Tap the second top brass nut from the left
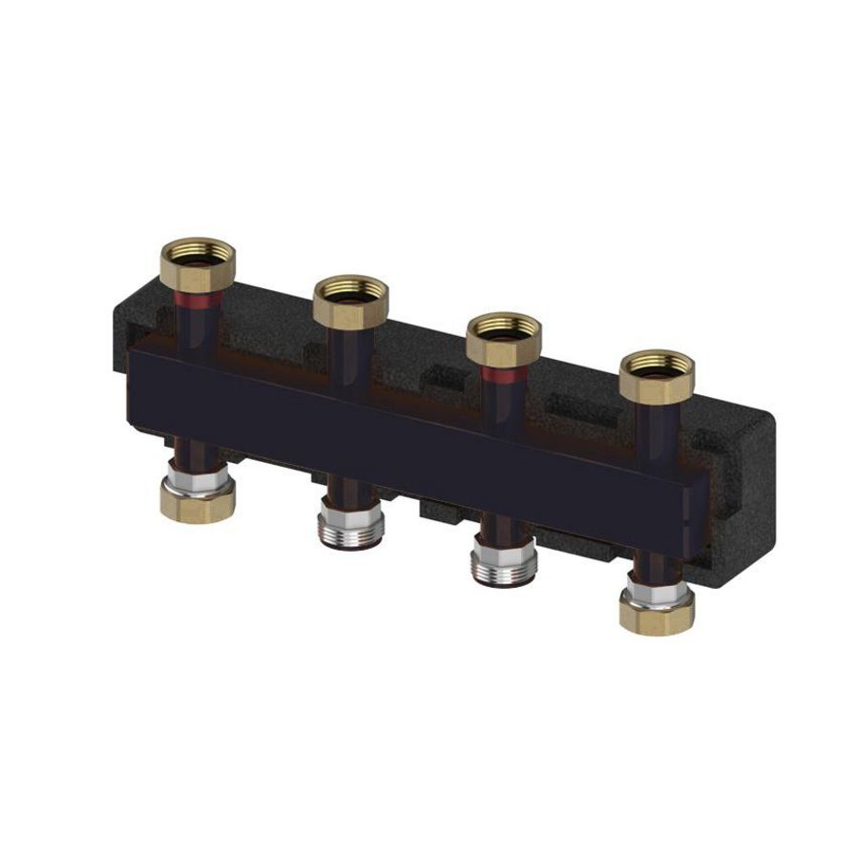[x=350, y=297]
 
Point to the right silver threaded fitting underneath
[x=503, y=563]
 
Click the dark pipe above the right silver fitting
[x=500, y=530]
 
